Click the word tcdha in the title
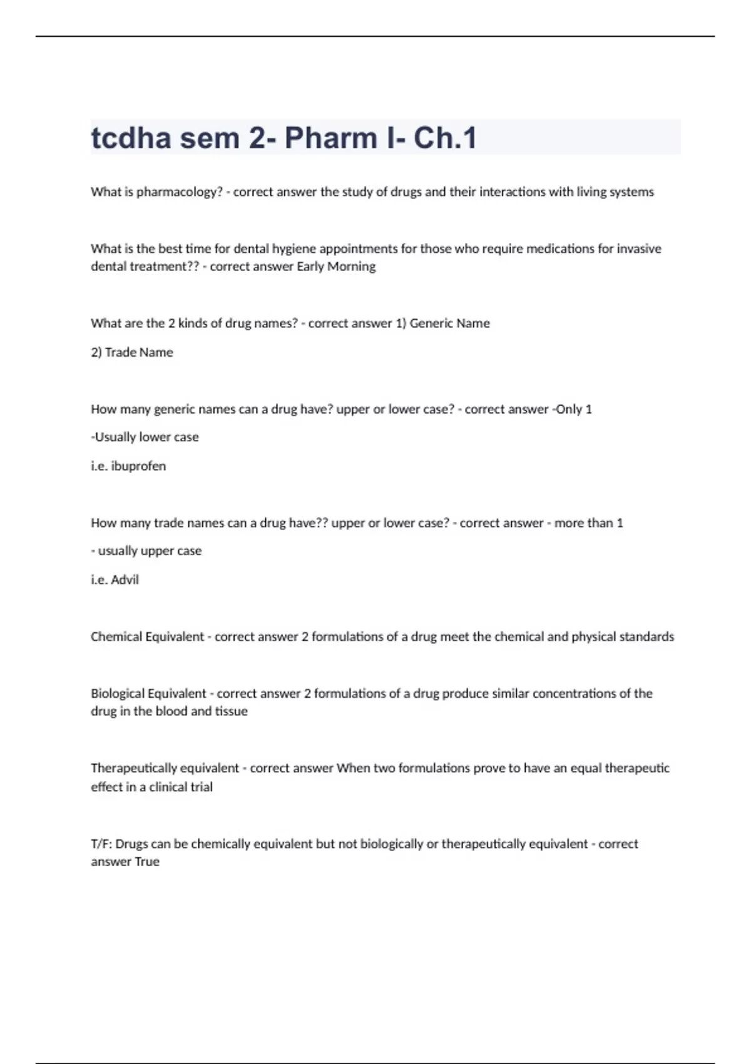131,138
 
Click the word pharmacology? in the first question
180,192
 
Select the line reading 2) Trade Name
132,352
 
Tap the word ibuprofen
138,466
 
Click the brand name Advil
125,580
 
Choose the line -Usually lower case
145,437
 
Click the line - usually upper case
146,551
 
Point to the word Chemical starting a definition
116,637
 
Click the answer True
147,862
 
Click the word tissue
231,712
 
